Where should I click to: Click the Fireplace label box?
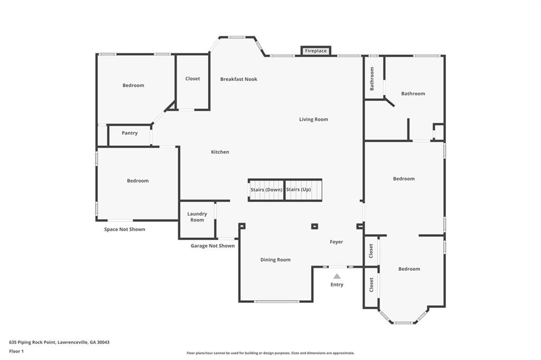(316, 51)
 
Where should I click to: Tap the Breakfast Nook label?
(239, 79)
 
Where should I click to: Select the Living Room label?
(314, 119)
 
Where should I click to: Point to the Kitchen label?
(220, 152)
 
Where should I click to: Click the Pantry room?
(129, 135)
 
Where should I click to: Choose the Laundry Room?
(197, 219)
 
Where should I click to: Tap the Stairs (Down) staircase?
(266, 190)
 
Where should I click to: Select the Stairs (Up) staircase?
(303, 190)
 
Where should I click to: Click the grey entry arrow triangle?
(337, 276)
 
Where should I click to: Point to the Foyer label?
(337, 242)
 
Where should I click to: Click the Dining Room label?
(275, 260)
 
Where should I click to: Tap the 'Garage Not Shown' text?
(212, 246)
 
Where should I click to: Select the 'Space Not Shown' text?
(125, 229)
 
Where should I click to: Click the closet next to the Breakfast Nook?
(192, 82)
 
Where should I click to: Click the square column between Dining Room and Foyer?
(314, 226)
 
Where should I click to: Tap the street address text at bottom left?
(59, 343)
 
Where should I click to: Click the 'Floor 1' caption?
(16, 352)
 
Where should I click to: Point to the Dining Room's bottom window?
(276, 302)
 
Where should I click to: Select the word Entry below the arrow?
(337, 285)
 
